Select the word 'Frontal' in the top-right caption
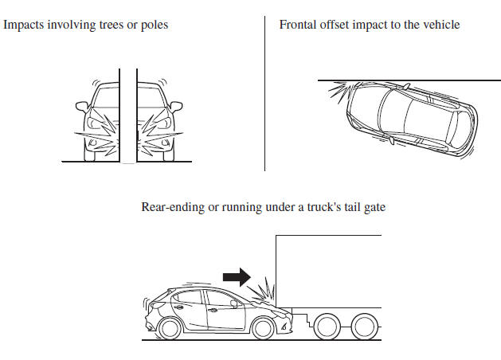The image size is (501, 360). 298,25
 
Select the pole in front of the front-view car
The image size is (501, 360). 127,112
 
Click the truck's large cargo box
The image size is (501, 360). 328,271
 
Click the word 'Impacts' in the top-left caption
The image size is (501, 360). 25,25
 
